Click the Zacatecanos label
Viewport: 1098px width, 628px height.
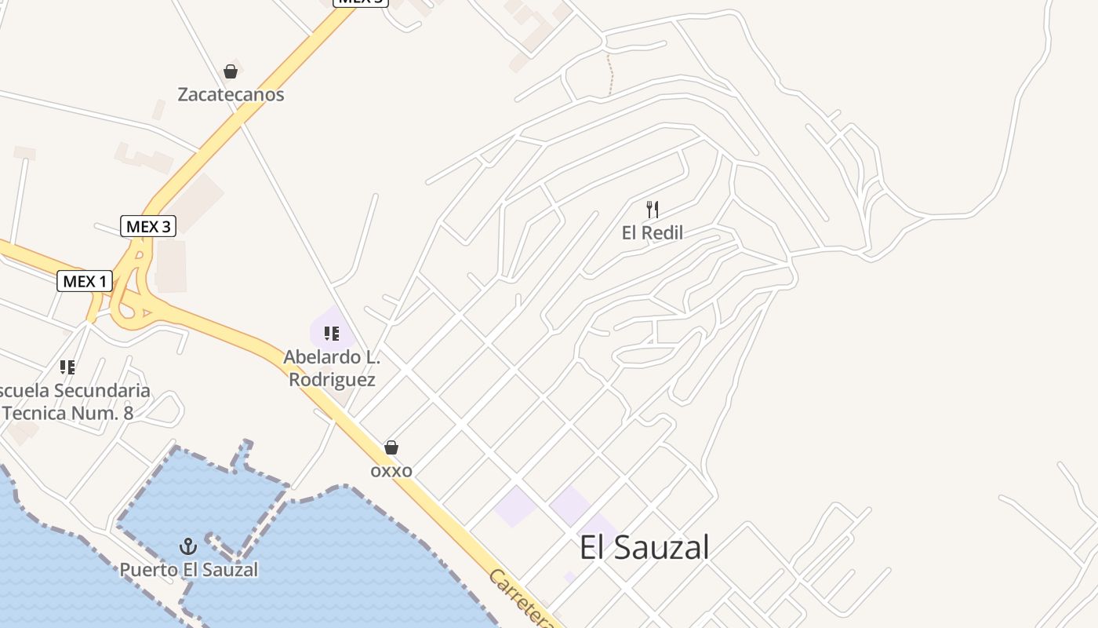[x=231, y=95]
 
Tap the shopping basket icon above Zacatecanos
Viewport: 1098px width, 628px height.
[x=231, y=71]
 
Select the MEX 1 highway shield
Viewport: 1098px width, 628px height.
[x=85, y=281]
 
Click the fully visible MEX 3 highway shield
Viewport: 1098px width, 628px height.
[x=148, y=227]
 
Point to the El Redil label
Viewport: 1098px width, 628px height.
[x=652, y=233]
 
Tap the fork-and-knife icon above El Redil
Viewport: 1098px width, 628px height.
[x=652, y=210]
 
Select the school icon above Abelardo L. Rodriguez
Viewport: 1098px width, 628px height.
[x=332, y=334]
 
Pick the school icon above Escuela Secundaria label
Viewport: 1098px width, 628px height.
[x=67, y=367]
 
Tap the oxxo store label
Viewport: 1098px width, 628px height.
[x=391, y=471]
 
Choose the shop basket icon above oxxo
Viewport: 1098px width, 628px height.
[x=391, y=447]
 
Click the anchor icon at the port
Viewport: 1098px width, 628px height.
[x=187, y=546]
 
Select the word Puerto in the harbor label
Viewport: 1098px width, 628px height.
[x=148, y=569]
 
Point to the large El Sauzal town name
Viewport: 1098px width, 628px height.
[x=644, y=547]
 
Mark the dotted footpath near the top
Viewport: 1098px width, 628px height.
[x=610, y=75]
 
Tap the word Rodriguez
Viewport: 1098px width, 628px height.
[x=332, y=380]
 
